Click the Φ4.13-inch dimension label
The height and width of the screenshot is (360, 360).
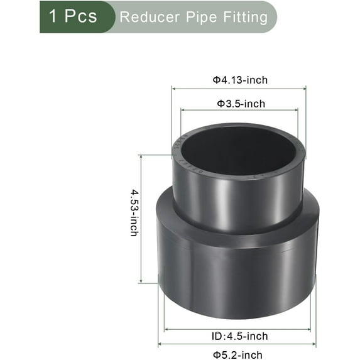click(239, 80)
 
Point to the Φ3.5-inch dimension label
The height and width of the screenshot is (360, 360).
click(241, 103)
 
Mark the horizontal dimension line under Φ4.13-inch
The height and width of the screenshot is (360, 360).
click(239, 89)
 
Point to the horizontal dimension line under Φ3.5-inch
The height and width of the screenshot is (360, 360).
click(241, 111)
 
